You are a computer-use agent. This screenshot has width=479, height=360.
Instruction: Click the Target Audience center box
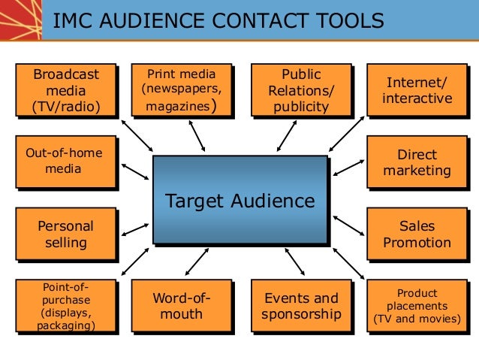(239, 200)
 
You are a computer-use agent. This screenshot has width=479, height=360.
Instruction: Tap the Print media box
(181, 91)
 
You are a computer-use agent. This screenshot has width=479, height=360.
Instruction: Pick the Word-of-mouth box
(181, 306)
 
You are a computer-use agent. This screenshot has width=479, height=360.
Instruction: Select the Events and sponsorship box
(300, 306)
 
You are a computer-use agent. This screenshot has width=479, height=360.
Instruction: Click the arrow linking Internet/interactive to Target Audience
(347, 136)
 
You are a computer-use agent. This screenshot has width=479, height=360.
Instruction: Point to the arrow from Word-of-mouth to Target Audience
(197, 261)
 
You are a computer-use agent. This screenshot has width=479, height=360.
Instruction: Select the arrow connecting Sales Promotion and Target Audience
(348, 225)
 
